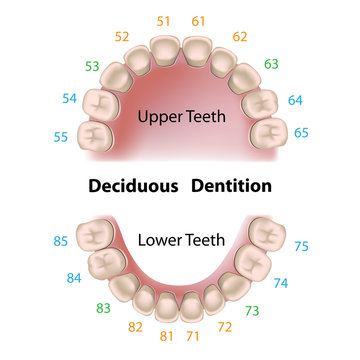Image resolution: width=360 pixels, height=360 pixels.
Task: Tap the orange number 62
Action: click(239, 36)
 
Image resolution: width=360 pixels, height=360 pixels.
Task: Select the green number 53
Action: click(91, 66)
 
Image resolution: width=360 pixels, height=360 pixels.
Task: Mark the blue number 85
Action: click(60, 240)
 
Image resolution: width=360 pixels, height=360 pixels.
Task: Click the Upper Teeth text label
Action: click(180, 117)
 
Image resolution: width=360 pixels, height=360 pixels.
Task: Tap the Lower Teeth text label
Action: click(180, 240)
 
